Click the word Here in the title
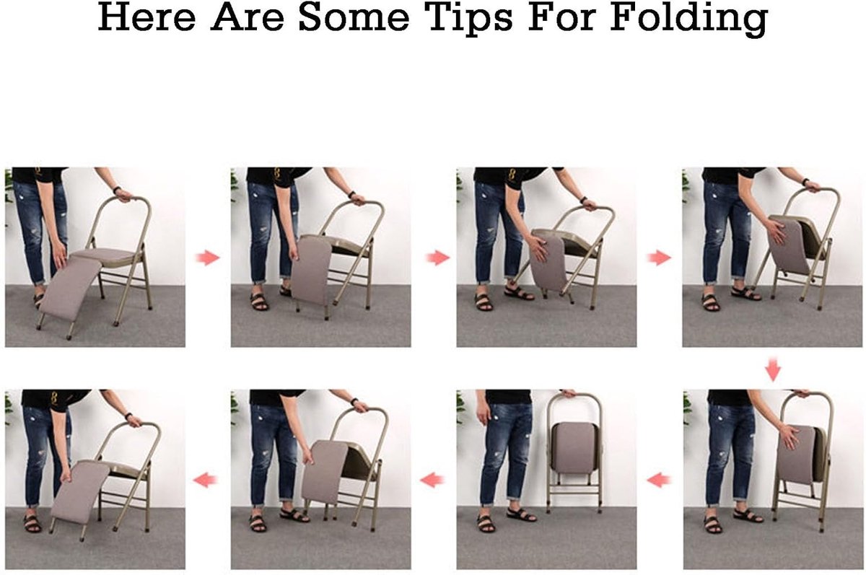pyautogui.click(x=146, y=18)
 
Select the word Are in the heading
pyautogui.click(x=248, y=18)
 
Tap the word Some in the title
pyautogui.click(x=354, y=18)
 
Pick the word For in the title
pyautogui.click(x=561, y=18)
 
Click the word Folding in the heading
pyautogui.click(x=688, y=19)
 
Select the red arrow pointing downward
pyautogui.click(x=773, y=370)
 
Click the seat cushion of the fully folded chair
pyautogui.click(x=574, y=448)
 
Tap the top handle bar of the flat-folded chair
pyautogui.click(x=574, y=395)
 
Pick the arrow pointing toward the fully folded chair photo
pyautogui.click(x=658, y=480)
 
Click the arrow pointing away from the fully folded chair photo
pyautogui.click(x=432, y=480)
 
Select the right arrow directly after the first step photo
pyautogui.click(x=208, y=258)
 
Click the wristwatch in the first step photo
pyautogui.click(x=117, y=190)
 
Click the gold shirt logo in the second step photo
pyautogui.click(x=277, y=174)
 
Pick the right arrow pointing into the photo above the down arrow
pyautogui.click(x=660, y=258)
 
